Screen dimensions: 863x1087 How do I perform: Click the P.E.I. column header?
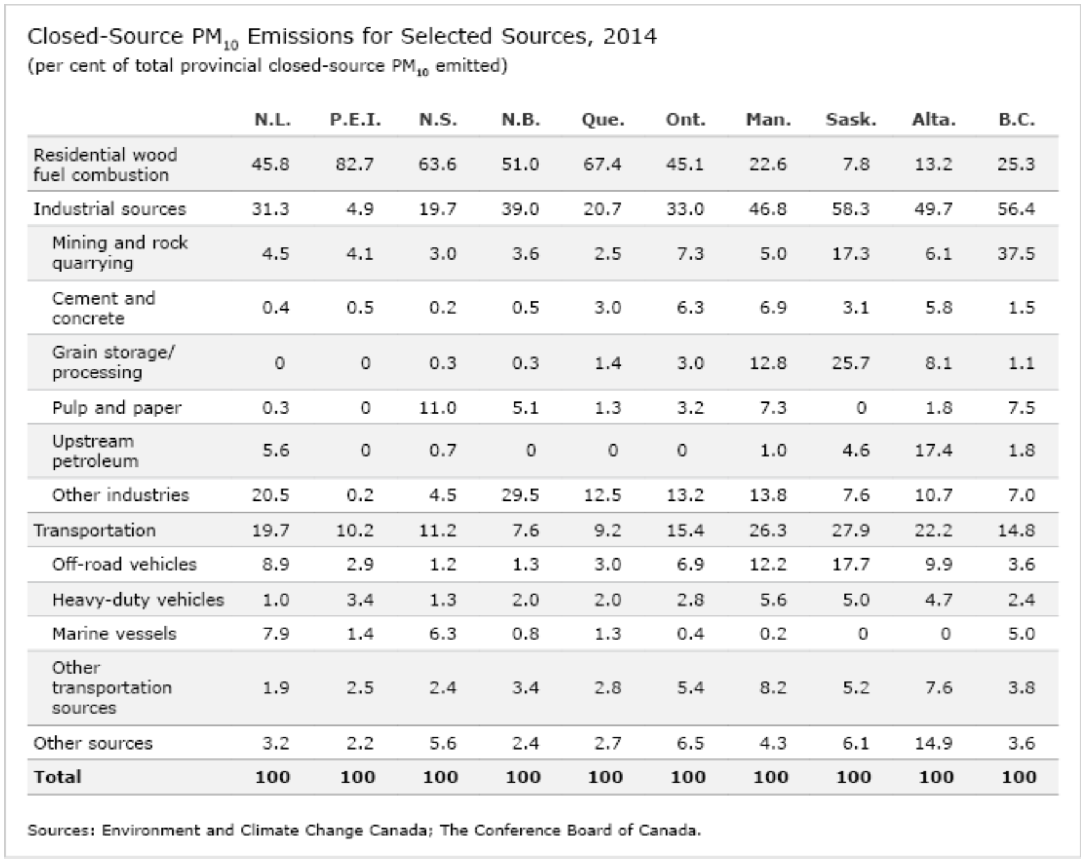click(x=355, y=119)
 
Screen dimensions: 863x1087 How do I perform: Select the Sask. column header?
click(x=851, y=119)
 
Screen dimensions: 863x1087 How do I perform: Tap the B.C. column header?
click(x=1016, y=119)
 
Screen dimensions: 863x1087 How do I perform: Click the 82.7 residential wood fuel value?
click(x=355, y=164)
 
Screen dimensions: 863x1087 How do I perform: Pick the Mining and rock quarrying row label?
click(x=119, y=253)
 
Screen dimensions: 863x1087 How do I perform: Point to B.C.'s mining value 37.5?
click(x=1016, y=253)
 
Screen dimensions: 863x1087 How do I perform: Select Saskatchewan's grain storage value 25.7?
click(x=851, y=362)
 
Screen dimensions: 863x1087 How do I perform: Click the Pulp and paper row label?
click(x=116, y=407)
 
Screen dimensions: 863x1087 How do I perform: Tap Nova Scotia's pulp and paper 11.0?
click(x=437, y=407)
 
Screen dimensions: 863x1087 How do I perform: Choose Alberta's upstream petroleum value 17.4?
click(x=933, y=450)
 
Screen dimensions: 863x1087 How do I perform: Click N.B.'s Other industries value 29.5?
click(x=520, y=495)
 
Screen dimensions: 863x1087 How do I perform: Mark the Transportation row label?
click(x=94, y=530)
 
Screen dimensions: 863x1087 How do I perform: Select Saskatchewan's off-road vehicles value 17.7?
click(x=851, y=564)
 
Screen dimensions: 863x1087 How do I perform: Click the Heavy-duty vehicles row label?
click(x=137, y=599)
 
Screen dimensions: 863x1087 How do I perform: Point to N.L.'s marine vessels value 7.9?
click(x=275, y=634)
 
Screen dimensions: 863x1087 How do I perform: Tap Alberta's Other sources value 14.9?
click(x=933, y=743)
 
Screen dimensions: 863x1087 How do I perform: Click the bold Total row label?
click(x=57, y=777)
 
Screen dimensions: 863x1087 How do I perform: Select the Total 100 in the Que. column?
click(x=605, y=777)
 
